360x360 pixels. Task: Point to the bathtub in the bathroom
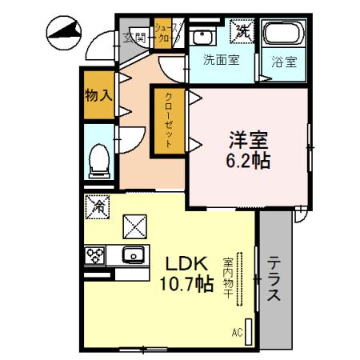point(284,35)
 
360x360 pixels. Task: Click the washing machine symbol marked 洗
point(242,31)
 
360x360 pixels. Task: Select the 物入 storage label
point(98,95)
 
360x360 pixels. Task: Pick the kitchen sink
point(133,256)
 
